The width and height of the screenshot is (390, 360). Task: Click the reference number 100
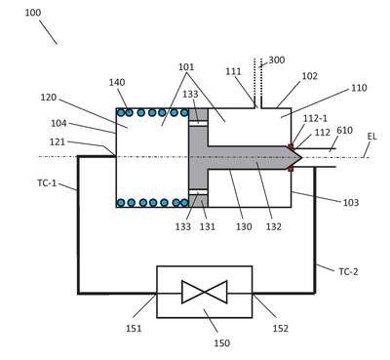coord(33,13)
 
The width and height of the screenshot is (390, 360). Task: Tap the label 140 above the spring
coord(117,82)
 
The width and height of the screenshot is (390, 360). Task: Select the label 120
coord(49,98)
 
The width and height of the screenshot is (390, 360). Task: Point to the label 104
coord(58,123)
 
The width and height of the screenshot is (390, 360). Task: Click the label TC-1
coord(47,183)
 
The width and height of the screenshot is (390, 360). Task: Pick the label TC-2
coord(348,271)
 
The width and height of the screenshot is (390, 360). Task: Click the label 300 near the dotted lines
coord(277,60)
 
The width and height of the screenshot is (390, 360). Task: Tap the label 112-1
coord(315,118)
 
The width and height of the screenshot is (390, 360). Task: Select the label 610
coord(344,131)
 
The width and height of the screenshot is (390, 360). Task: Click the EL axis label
coord(372,137)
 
